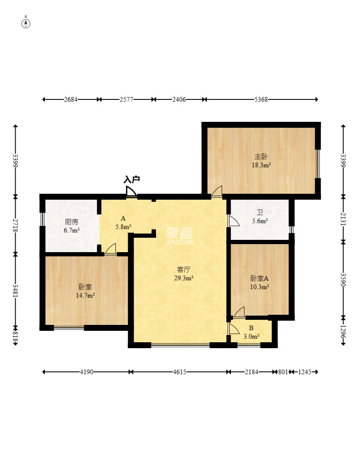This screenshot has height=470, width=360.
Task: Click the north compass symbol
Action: [x=26, y=23]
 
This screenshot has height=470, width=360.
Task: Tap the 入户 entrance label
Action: [x=132, y=179]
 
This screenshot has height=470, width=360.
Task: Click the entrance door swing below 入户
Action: [x=131, y=192]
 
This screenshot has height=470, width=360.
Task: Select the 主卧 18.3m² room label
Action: [x=261, y=161]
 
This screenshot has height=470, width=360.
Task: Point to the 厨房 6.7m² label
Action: [x=71, y=226]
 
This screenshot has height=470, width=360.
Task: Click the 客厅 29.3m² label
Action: [x=184, y=274]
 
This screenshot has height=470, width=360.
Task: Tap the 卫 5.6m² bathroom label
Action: [x=260, y=217]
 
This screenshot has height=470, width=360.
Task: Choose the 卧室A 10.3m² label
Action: [x=260, y=282]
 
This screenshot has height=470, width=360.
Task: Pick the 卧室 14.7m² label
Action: [x=85, y=291]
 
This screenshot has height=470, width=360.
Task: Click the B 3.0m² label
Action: [x=251, y=332]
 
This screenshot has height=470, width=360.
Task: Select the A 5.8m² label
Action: [x=123, y=223]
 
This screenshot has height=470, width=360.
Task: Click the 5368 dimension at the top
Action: [x=261, y=99]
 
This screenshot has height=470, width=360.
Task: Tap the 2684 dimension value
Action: [x=71, y=99]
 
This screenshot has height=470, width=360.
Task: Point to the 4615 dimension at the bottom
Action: [x=179, y=372]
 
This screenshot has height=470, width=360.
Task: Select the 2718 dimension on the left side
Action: [x=15, y=225]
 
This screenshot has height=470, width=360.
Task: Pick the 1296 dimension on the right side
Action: [x=344, y=332]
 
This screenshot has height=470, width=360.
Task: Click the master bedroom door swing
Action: [x=217, y=192]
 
